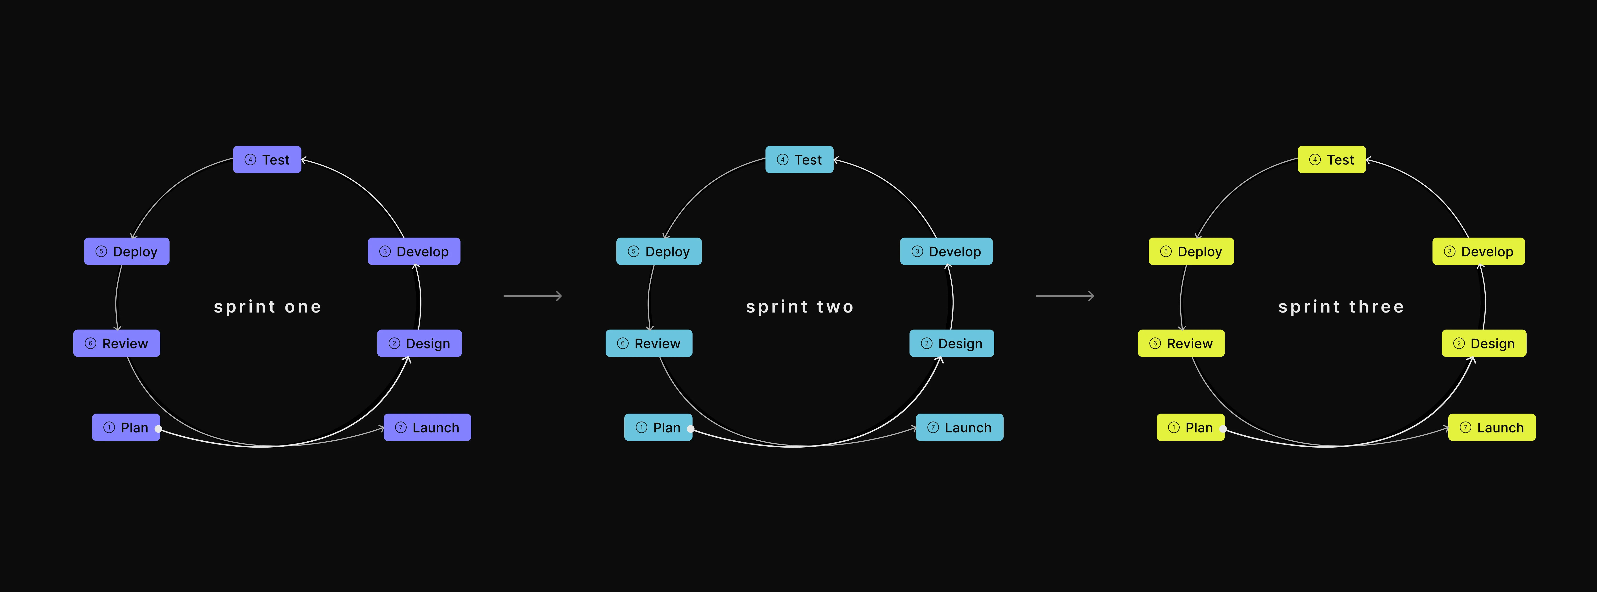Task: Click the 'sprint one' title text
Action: (267, 307)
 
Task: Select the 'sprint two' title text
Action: (800, 307)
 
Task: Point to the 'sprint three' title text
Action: (1341, 307)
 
